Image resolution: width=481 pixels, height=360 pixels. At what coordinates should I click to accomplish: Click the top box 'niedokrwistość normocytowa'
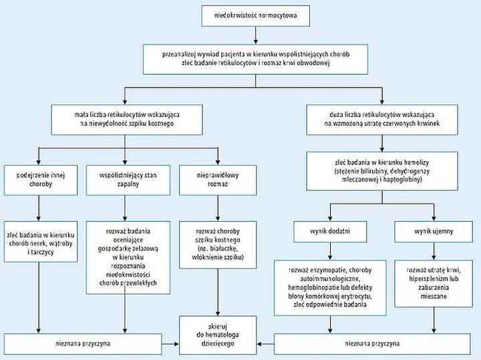(x=257, y=15)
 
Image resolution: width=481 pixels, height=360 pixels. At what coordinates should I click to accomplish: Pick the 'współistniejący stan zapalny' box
(x=125, y=178)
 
